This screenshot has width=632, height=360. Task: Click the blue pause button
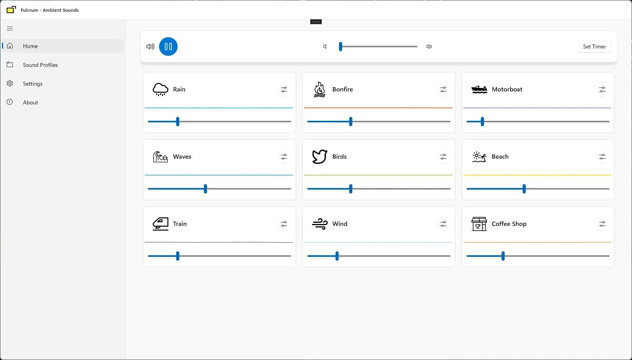point(168,47)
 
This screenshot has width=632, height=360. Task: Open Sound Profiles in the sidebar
point(40,65)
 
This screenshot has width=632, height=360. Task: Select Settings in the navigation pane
point(32,84)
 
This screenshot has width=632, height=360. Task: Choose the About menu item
point(30,102)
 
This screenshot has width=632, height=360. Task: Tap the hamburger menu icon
point(10,29)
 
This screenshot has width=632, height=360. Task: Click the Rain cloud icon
point(161,90)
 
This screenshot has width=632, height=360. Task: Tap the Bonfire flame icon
point(320,90)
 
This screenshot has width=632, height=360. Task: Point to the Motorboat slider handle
point(482,122)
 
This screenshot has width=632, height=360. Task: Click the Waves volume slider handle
point(205,189)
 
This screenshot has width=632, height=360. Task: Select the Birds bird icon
point(320,157)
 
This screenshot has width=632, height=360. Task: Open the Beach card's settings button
point(602,157)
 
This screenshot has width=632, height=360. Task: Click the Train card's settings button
point(284,224)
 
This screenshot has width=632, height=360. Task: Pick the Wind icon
point(320,224)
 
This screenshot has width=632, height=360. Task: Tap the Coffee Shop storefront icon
point(479,224)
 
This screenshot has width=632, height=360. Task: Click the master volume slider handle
point(341,47)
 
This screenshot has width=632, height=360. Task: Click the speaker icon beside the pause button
point(150,47)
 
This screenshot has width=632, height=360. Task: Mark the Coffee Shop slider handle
point(503,256)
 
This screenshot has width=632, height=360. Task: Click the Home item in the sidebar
point(30,46)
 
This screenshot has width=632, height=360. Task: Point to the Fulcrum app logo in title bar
point(11,10)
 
